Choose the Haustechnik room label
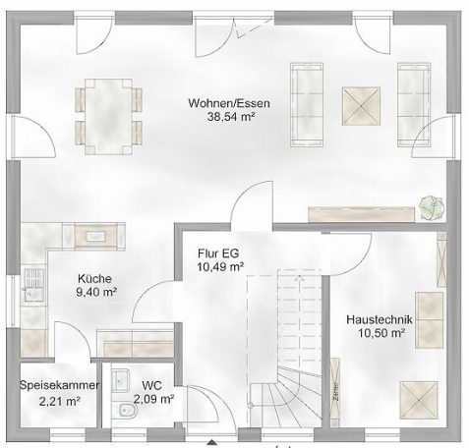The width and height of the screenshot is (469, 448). pyautogui.click(x=379, y=320)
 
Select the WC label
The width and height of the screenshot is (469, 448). pyautogui.click(x=151, y=386)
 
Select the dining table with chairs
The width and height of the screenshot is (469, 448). pyautogui.click(x=107, y=113)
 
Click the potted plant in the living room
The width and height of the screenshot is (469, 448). pyautogui.click(x=429, y=206)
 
